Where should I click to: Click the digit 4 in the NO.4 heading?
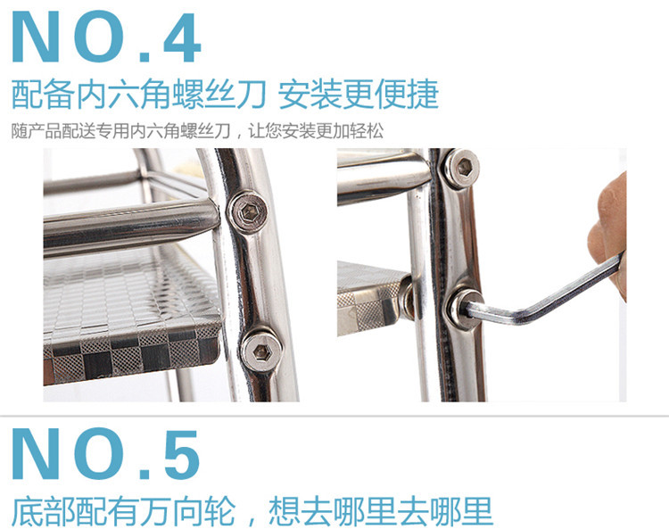pyautogui.click(x=182, y=37)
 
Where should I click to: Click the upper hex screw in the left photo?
pyautogui.click(x=248, y=211)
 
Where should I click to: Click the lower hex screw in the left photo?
pyautogui.click(x=261, y=351)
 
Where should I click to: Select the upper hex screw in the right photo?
pyautogui.click(x=462, y=168)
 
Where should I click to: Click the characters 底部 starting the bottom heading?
pyautogui.click(x=43, y=510)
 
